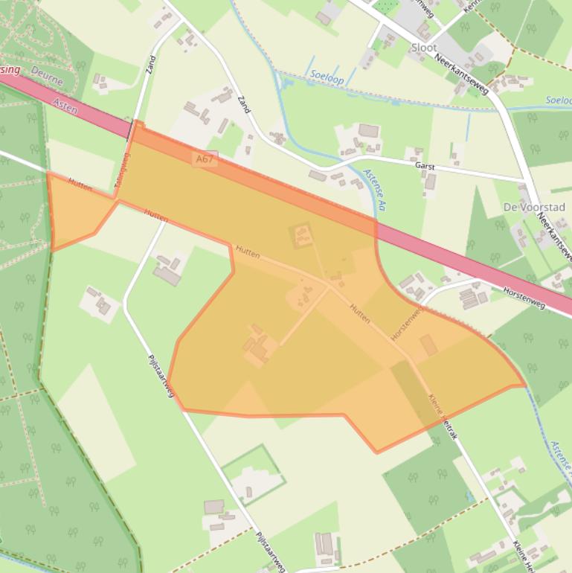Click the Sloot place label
pyautogui.click(x=424, y=48)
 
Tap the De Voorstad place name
pyautogui.click(x=533, y=207)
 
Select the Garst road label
pyautogui.click(x=425, y=167)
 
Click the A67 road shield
pyautogui.click(x=205, y=159)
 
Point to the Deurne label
pyautogui.click(x=48, y=76)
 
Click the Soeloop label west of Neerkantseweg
pyautogui.click(x=326, y=75)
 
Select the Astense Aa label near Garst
pyautogui.click(x=376, y=189)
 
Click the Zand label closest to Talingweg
pyautogui.click(x=152, y=68)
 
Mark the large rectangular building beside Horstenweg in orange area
pyautogui.click(x=428, y=345)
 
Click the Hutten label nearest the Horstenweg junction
pyautogui.click(x=360, y=313)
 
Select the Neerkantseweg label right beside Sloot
pyautogui.click(x=462, y=77)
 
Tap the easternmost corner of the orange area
pyautogui.click(x=525, y=385)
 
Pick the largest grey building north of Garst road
pyautogui.click(x=368, y=131)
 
